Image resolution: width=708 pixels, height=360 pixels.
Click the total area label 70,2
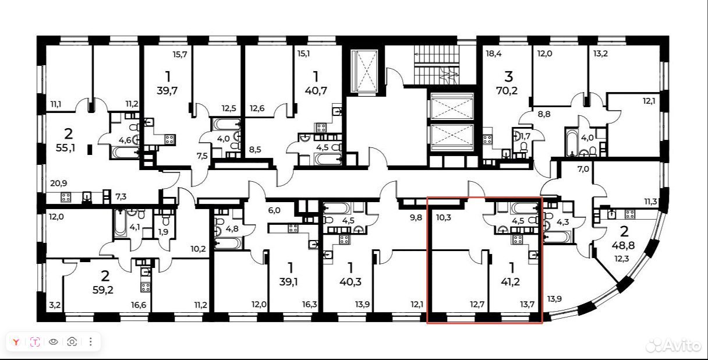tap(507, 91)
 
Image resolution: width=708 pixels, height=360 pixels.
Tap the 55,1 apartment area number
tap(65, 148)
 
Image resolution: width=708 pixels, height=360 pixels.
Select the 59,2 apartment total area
tap(103, 290)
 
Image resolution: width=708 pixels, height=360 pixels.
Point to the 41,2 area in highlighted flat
tap(510, 281)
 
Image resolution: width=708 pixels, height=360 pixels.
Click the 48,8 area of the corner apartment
tap(624, 245)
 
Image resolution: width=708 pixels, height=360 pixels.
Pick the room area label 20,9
tap(58, 183)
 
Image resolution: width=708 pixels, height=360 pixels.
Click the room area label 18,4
tap(494, 54)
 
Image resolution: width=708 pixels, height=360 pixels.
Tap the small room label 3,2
tap(55, 305)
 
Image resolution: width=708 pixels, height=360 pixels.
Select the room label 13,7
tap(527, 304)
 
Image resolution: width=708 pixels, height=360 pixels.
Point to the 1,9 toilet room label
tap(163, 232)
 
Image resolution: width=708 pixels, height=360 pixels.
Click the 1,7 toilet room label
tap(525, 136)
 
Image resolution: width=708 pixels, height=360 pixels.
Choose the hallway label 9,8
tap(416, 217)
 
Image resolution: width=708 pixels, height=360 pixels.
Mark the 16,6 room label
tap(139, 305)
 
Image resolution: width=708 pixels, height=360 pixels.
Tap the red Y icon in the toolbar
tap(16, 342)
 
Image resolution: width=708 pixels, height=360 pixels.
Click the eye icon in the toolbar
tap(54, 342)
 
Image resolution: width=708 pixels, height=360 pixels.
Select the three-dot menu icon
tap(91, 342)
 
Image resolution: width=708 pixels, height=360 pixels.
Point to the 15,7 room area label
tap(180, 54)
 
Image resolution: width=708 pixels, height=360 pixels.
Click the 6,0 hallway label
tap(274, 210)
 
